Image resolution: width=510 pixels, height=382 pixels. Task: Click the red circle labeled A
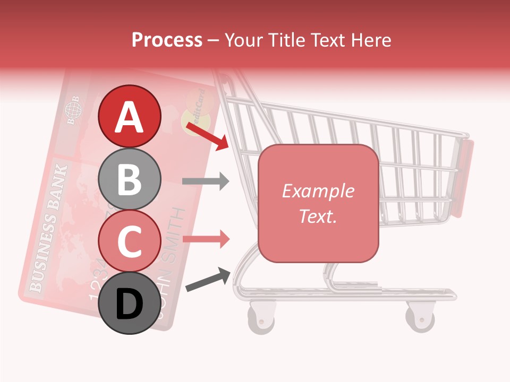[130, 116]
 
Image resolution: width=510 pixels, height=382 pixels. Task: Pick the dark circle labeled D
[130, 303]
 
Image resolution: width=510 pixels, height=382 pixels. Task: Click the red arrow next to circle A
[208, 135]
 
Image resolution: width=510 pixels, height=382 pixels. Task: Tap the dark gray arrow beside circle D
[208, 280]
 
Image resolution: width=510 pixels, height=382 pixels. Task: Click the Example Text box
[318, 203]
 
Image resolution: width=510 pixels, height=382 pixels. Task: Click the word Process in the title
[167, 40]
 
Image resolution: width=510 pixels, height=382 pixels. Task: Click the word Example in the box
[318, 191]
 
